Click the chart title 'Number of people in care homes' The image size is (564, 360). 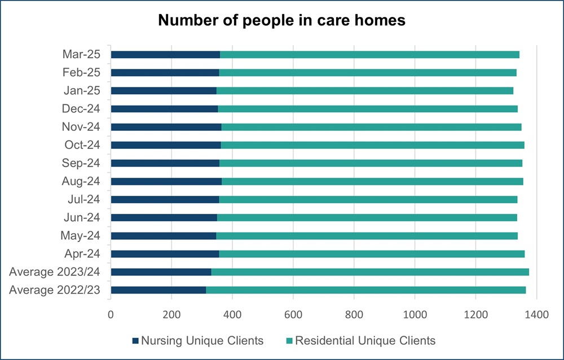click(x=281, y=20)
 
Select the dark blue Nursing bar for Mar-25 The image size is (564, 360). click(x=165, y=55)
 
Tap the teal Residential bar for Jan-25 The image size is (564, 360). click(x=365, y=91)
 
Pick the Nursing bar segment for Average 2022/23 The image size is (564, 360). click(x=158, y=290)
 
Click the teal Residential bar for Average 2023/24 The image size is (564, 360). click(x=370, y=272)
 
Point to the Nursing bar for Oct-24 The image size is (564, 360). click(x=166, y=145)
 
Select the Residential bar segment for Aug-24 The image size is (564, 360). click(x=372, y=181)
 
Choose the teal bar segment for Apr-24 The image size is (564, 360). click(x=372, y=254)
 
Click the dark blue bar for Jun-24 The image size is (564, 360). click(x=164, y=218)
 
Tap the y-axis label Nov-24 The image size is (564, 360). click(x=82, y=127)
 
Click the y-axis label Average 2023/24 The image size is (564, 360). click(x=55, y=272)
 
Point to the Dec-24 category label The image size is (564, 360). click(x=82, y=109)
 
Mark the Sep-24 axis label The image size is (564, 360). click(x=82, y=163)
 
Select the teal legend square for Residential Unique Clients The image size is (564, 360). click(x=290, y=341)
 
